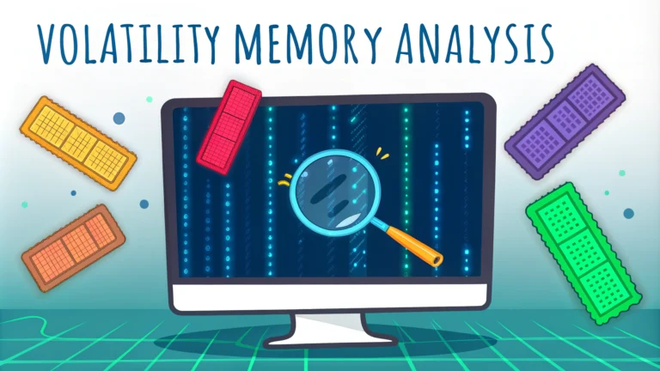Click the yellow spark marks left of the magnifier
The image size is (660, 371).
[284, 180]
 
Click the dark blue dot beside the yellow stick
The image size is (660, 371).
[119, 118]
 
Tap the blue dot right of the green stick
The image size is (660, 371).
[628, 213]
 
